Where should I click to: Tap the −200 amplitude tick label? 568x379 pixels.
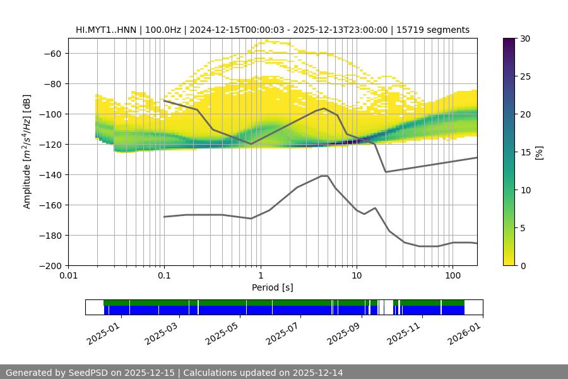click(x=51, y=266)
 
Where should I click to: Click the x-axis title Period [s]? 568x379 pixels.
click(x=272, y=288)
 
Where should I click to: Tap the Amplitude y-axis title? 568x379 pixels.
click(x=27, y=152)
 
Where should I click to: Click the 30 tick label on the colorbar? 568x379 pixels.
click(x=525, y=39)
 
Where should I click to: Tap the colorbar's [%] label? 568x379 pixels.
click(x=539, y=152)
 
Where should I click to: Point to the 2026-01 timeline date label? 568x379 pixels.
click(x=465, y=330)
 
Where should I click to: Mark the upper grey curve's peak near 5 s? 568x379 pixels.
click(x=324, y=108)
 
